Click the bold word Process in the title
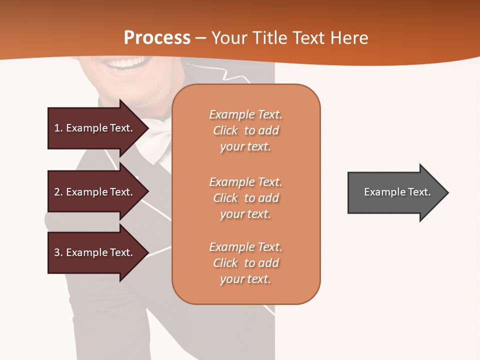(x=157, y=37)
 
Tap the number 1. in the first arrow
(x=58, y=128)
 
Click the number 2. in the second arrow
(x=58, y=192)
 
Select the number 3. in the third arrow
(x=58, y=252)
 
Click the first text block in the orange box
(x=245, y=130)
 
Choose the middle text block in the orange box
(x=245, y=198)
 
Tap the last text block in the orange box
(x=245, y=263)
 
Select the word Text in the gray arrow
(x=419, y=192)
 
